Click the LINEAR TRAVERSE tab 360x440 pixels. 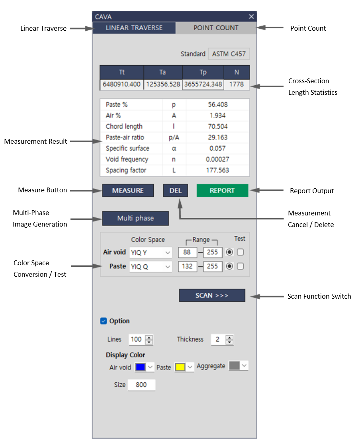pyautogui.click(x=134, y=28)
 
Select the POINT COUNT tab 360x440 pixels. pyautogui.click(x=216, y=28)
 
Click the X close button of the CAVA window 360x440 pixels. pyautogui.click(x=251, y=16)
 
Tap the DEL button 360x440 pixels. pyautogui.click(x=175, y=191)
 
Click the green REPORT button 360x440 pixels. pyautogui.click(x=222, y=191)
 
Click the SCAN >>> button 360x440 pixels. pyautogui.click(x=212, y=296)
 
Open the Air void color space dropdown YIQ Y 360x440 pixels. pyautogui.click(x=150, y=252)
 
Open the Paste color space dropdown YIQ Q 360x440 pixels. pyautogui.click(x=150, y=267)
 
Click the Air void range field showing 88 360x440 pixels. pyautogui.click(x=187, y=252)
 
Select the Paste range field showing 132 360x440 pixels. pyautogui.click(x=187, y=267)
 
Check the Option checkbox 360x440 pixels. pyautogui.click(x=104, y=321)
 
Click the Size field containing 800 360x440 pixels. pyautogui.click(x=141, y=385)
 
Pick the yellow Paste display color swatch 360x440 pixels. pyautogui.click(x=180, y=367)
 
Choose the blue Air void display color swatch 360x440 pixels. pyautogui.click(x=141, y=367)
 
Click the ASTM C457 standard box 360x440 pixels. pyautogui.click(x=229, y=54)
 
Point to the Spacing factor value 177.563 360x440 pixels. pyautogui.click(x=217, y=170)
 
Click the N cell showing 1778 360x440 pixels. pyautogui.click(x=237, y=84)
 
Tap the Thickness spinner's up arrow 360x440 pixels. pyautogui.click(x=229, y=337)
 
